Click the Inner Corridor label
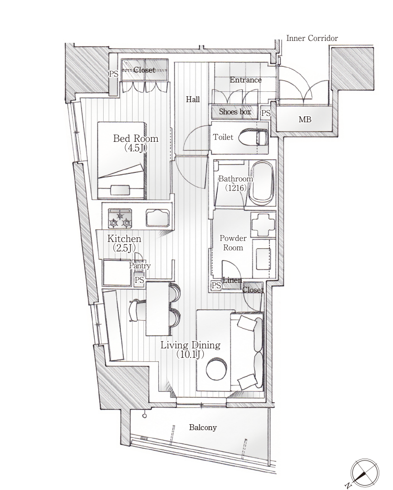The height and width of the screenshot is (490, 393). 312,38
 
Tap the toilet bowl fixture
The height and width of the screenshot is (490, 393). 253,138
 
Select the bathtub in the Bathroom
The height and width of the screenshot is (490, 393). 262,183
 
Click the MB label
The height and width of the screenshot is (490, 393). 305,119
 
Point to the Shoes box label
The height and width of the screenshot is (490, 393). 235,111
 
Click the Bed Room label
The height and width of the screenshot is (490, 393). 136,138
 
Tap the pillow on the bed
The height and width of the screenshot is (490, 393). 121,190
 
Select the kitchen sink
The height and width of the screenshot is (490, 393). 158,218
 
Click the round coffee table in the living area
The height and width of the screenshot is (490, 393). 216,369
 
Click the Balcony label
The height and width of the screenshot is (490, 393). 202,428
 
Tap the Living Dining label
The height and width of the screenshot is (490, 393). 191,345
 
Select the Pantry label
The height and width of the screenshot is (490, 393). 140,266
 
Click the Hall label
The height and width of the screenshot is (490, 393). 193,99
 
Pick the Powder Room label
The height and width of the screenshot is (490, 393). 233,243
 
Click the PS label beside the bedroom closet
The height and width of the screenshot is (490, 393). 113,74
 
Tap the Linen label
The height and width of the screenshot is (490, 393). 232,280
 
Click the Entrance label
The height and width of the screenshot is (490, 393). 246,80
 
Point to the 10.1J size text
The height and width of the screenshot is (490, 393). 190,354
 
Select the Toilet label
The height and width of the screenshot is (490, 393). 223,137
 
